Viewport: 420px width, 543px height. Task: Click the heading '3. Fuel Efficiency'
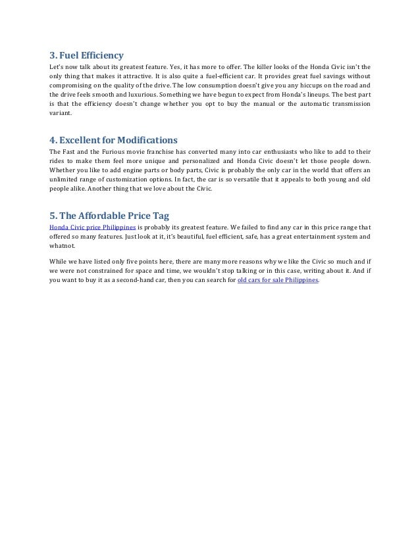[86, 55]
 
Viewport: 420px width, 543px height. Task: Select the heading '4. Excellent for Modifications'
[113, 139]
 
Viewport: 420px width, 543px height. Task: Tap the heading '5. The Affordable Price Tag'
[109, 215]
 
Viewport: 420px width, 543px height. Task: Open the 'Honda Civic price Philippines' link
[93, 227]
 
